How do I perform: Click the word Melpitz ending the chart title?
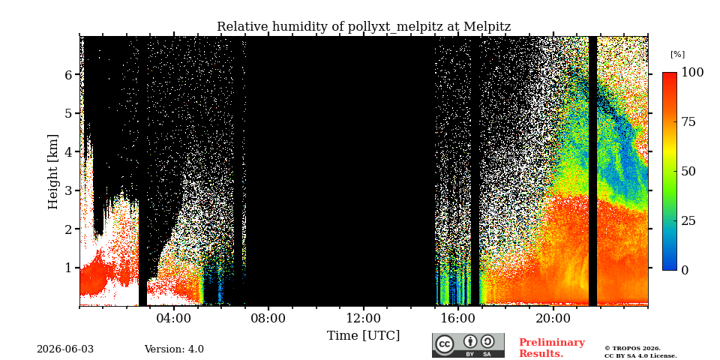487,27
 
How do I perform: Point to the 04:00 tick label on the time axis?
174,318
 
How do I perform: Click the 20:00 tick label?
553,318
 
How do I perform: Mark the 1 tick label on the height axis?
68,267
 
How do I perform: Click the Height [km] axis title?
54,172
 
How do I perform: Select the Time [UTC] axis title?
363,336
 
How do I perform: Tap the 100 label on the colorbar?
692,72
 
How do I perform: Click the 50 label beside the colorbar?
688,171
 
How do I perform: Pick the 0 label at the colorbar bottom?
685,270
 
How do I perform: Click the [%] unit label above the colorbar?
677,54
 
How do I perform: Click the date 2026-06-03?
65,349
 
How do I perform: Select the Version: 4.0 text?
174,349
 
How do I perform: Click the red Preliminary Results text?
552,348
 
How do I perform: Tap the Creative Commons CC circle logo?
445,345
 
